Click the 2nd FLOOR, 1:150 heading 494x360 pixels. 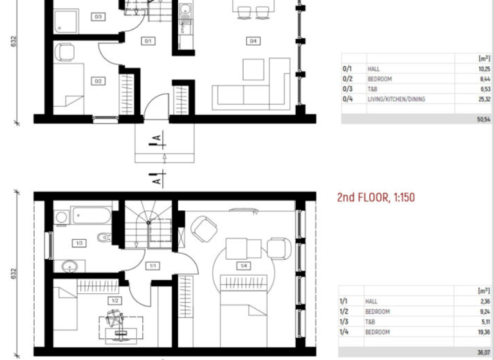(x=376, y=197)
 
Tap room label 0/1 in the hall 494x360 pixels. (x=147, y=41)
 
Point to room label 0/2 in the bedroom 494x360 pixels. (x=98, y=81)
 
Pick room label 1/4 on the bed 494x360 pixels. (x=243, y=265)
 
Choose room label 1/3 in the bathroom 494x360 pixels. (x=79, y=243)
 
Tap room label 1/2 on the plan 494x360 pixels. (x=114, y=300)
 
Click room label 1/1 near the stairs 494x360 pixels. (x=153, y=265)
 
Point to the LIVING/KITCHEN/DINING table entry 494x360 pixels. (x=396, y=99)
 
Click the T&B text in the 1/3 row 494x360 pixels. (x=371, y=322)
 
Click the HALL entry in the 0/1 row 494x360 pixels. (x=373, y=68)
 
